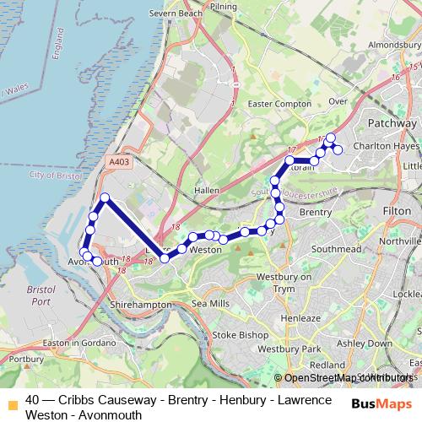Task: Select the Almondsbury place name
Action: coord(391,42)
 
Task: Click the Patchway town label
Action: coord(392,123)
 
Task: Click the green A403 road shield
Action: coord(120,159)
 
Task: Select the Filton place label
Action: coord(396,208)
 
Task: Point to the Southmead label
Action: coord(337,250)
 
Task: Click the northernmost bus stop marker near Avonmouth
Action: coord(105,198)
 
